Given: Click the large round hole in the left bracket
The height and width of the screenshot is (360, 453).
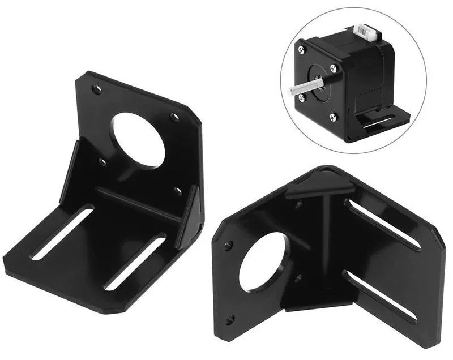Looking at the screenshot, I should (139, 140).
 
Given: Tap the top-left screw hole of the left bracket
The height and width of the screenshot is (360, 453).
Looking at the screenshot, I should (97, 89).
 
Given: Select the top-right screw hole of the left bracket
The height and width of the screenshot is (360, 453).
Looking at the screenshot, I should (175, 117).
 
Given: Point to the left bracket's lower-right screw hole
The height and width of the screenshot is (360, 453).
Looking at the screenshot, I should (178, 191).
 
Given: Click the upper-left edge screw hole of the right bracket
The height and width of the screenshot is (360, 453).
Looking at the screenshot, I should (228, 246).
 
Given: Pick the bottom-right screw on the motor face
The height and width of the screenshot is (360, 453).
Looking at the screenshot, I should (333, 117).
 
